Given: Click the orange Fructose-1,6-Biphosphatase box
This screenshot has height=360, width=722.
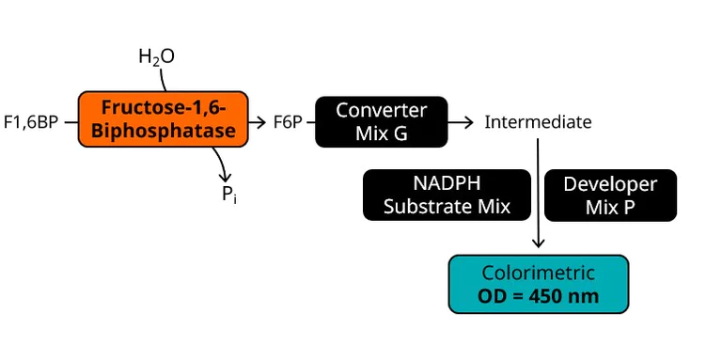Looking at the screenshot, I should [x=163, y=119].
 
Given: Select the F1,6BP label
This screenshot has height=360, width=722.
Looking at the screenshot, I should [x=31, y=122].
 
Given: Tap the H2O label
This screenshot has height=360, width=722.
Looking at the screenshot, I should [x=156, y=57].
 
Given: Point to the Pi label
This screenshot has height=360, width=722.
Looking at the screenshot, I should [x=228, y=195].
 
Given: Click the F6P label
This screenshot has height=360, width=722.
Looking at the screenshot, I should [x=287, y=122].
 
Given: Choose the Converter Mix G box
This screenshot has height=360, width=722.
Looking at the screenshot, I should [x=381, y=121].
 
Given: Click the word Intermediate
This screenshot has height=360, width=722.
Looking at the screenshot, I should [x=538, y=122].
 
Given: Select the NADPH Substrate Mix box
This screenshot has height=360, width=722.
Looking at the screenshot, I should [x=447, y=195].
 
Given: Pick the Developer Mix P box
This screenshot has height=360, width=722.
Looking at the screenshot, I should [x=609, y=195].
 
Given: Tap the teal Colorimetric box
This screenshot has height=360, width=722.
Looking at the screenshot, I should [x=538, y=284].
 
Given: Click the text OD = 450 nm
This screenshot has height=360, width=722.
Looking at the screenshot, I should [x=538, y=296].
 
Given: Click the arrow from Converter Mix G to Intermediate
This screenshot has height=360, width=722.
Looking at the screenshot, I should [x=462, y=122].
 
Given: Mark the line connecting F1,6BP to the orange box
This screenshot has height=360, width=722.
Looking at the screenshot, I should [x=70, y=122].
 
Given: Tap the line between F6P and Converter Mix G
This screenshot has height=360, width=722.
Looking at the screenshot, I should [x=309, y=122].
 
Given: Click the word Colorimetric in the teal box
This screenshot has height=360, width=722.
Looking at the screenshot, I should [x=538, y=273].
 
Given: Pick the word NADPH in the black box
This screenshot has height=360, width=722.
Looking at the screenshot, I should [x=447, y=183].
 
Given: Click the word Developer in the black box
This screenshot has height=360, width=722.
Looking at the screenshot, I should [x=609, y=183].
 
